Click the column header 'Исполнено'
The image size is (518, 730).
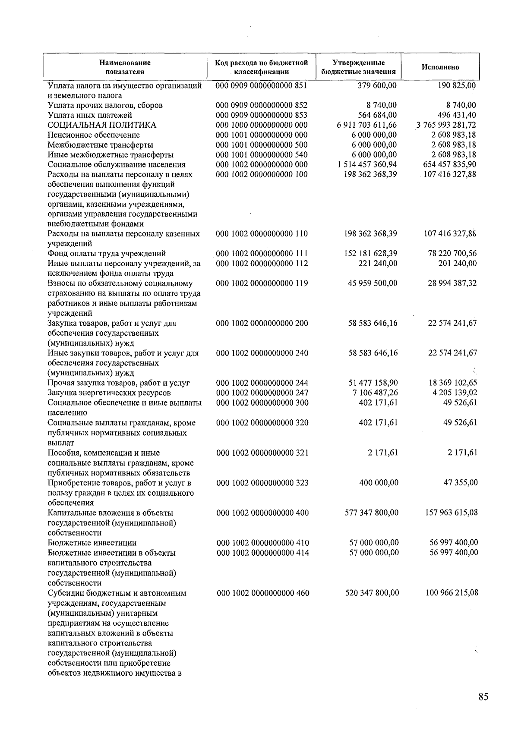pyautogui.click(x=440, y=67)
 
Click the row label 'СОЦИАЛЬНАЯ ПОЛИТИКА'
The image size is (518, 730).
pyautogui.click(x=102, y=125)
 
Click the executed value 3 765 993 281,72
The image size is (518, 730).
pyautogui.click(x=446, y=125)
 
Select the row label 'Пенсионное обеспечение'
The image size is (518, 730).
pyautogui.click(x=94, y=135)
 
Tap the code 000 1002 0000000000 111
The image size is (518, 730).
pyautogui.click(x=262, y=254)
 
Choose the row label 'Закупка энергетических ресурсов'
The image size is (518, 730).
pyautogui.click(x=109, y=393)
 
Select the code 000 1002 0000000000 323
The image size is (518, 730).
pyautogui.click(x=262, y=483)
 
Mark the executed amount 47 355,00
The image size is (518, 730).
pyautogui.click(x=461, y=483)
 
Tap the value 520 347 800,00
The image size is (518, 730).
pyautogui.click(x=372, y=593)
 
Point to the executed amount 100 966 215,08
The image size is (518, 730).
pyautogui.click(x=452, y=593)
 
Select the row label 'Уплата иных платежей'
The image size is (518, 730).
pyautogui.click(x=90, y=115)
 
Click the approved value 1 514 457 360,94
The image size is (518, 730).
pyautogui.click(x=367, y=165)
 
